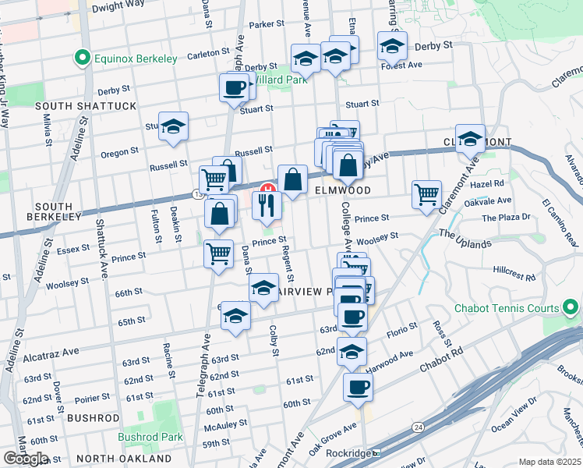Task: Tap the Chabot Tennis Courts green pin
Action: click(x=571, y=308)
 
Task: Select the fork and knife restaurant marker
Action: click(x=267, y=207)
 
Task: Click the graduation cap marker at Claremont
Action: click(x=471, y=140)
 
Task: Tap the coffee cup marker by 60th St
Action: click(x=358, y=388)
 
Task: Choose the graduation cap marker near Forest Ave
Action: click(x=393, y=47)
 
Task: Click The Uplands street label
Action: click(x=465, y=239)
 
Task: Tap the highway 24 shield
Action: click(x=419, y=427)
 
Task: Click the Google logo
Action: click(x=26, y=459)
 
